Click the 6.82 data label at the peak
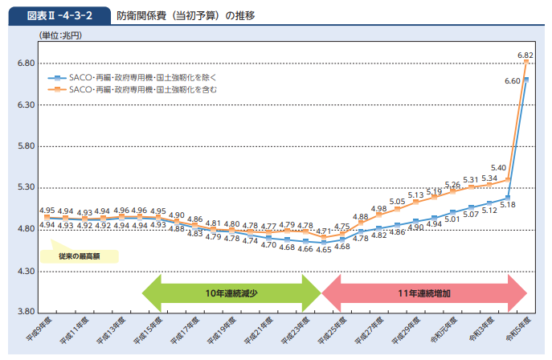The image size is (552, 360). coord(526,55)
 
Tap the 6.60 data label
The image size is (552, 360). coord(512,81)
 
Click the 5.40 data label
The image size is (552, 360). coord(498,168)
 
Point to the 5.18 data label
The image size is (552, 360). coord(507,205)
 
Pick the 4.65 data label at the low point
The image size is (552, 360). coord(324,249)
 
